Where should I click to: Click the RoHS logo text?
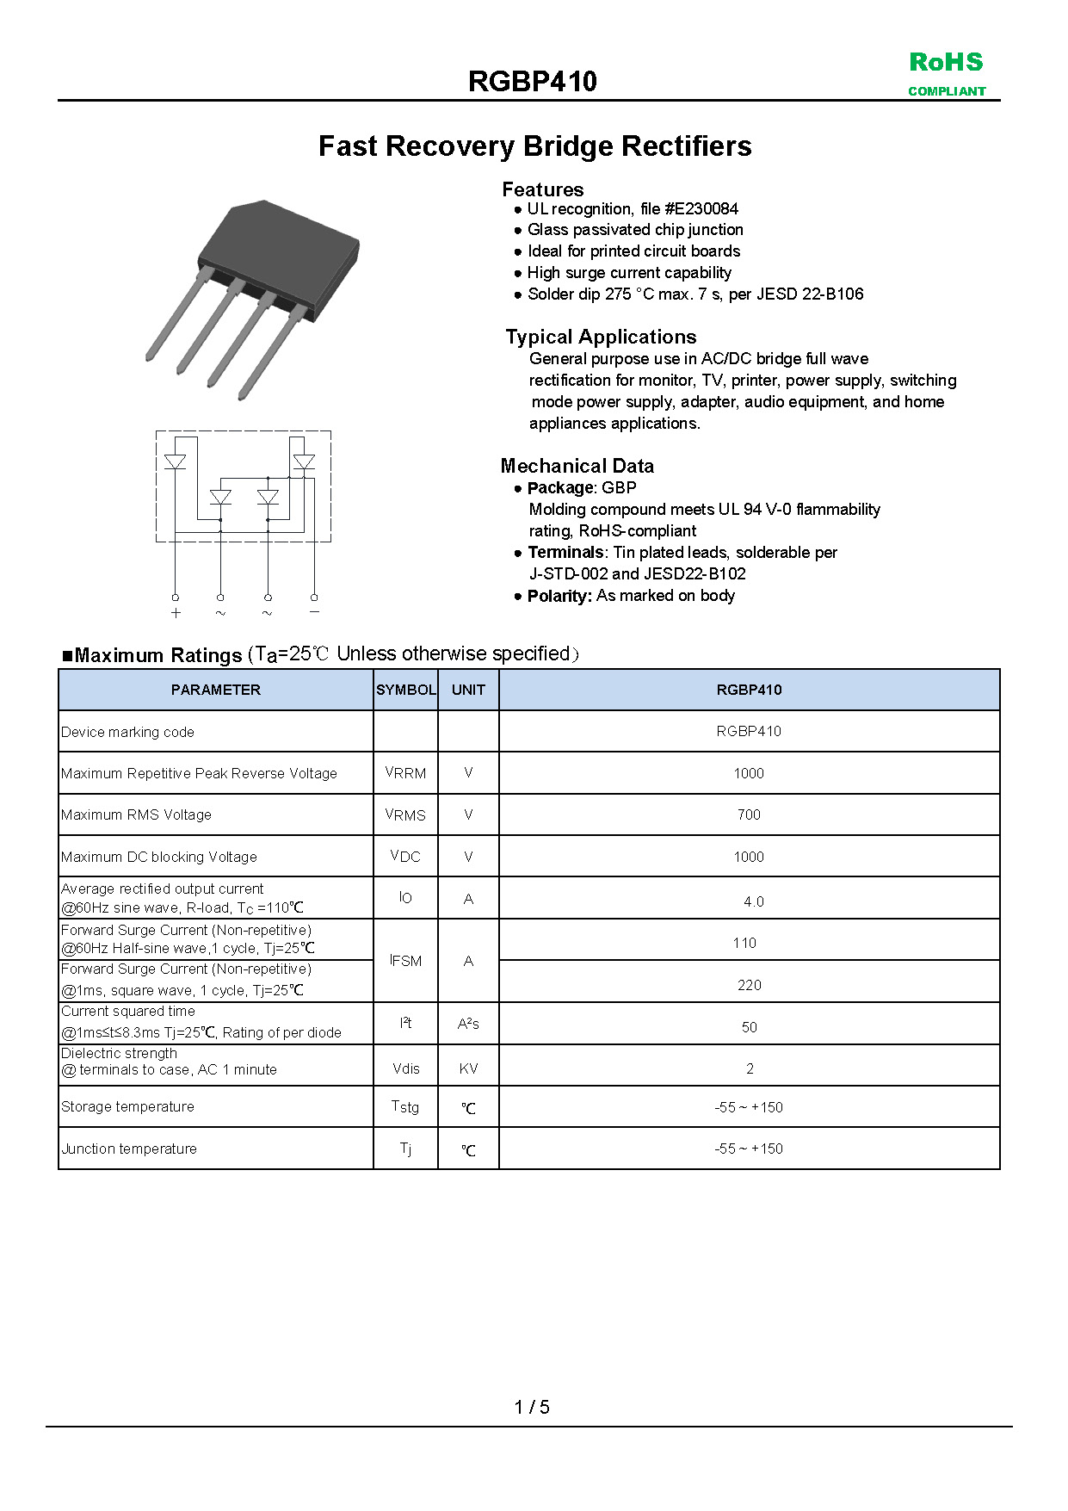(946, 63)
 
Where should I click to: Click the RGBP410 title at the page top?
(533, 82)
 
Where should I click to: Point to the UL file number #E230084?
(701, 208)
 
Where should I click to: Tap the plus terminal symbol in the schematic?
(176, 613)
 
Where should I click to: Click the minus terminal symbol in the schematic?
(314, 612)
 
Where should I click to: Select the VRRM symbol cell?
(405, 773)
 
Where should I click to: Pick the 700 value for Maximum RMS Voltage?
(749, 814)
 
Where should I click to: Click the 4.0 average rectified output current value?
(753, 901)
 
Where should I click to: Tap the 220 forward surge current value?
(749, 985)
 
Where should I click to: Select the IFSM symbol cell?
(405, 961)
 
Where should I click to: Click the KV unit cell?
(468, 1068)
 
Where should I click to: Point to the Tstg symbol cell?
(405, 1107)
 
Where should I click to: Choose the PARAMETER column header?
(215, 690)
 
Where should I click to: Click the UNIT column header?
(468, 690)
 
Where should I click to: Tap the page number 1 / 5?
(532, 1407)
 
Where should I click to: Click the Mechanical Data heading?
(577, 466)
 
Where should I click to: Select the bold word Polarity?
(559, 596)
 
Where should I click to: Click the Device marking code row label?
(127, 732)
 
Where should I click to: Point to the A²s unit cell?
(468, 1024)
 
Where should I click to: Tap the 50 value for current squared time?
(749, 1027)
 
